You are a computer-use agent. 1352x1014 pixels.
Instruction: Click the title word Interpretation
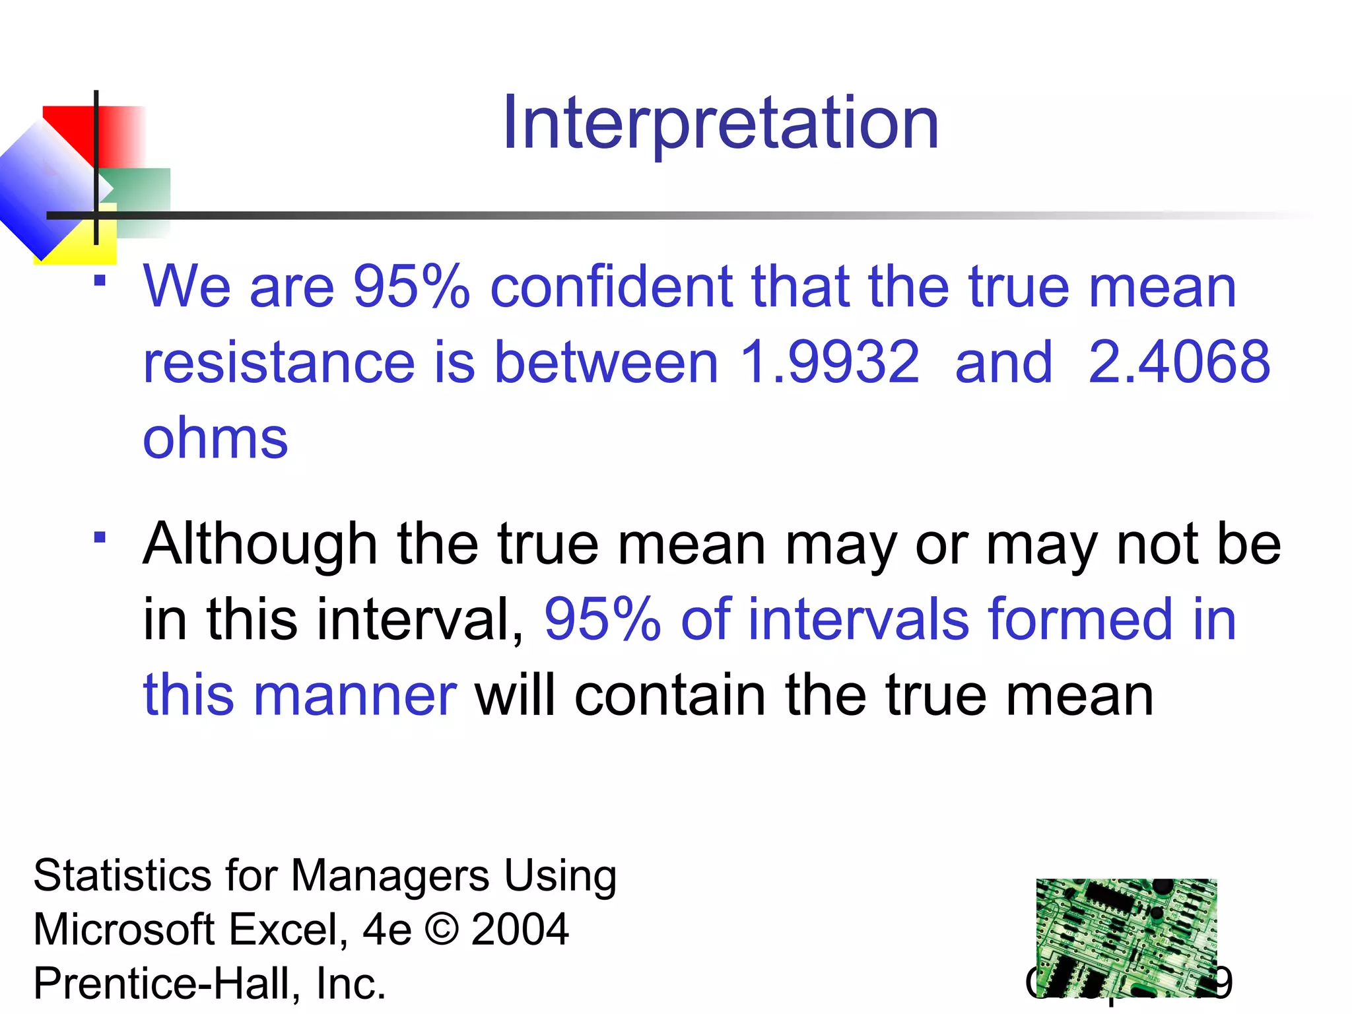click(x=720, y=123)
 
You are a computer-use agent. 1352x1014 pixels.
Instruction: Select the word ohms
click(x=215, y=438)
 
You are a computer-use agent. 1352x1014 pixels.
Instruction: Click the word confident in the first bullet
click(x=611, y=287)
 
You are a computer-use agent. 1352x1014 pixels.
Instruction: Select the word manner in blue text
click(x=355, y=695)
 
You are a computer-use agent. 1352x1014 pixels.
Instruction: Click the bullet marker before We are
click(x=100, y=281)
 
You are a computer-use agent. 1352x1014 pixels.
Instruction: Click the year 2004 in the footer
click(x=520, y=929)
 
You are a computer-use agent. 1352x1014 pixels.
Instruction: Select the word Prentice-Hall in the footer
click(x=161, y=984)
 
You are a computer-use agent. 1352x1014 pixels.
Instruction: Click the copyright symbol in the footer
click(x=442, y=929)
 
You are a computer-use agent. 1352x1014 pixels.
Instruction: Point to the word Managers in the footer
click(x=389, y=876)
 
